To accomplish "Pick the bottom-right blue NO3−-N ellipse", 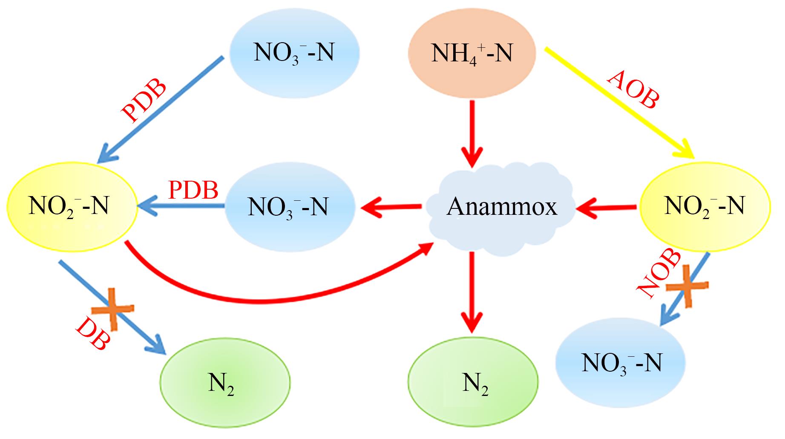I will tap(621, 362).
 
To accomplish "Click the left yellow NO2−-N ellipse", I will tap(71, 206).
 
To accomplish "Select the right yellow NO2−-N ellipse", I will tap(704, 206).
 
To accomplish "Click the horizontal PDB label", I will tap(193, 190).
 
